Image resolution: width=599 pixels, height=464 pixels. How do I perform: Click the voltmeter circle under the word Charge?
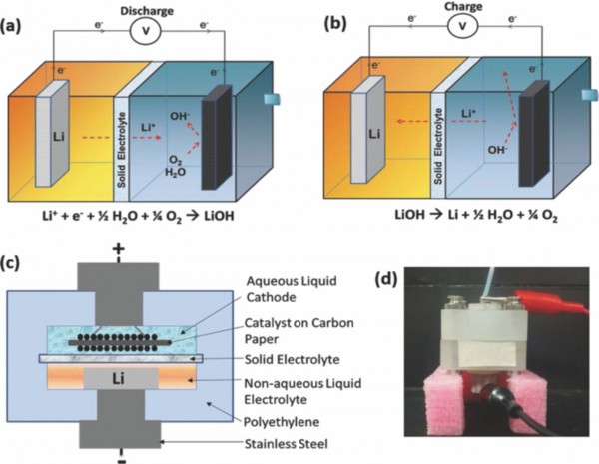tap(461, 27)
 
